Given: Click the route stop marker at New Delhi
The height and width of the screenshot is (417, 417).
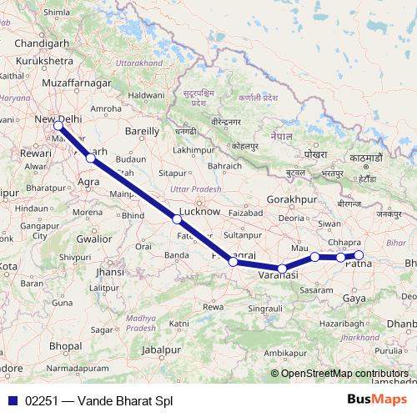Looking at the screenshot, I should [59, 126].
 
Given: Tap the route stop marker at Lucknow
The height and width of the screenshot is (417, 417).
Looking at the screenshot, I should [177, 219].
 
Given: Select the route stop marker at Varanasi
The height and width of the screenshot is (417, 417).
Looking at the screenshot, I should [284, 268].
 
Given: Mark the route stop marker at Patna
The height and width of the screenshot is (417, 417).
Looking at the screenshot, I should [359, 255].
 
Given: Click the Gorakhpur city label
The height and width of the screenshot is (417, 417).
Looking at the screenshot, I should [294, 201].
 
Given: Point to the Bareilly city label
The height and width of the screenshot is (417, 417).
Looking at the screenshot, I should [141, 131].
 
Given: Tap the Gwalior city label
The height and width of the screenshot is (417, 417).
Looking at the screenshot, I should [93, 239].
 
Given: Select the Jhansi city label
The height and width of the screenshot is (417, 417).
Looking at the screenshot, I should [110, 272].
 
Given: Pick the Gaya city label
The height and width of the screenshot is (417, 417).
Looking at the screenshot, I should [354, 298].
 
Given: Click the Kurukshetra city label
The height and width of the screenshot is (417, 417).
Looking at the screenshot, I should [39, 62].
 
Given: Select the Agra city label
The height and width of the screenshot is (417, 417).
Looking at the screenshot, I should [88, 180].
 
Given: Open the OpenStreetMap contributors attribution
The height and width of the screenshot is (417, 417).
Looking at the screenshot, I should [344, 373].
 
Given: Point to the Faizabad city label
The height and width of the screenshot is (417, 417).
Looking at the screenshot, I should [244, 213].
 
